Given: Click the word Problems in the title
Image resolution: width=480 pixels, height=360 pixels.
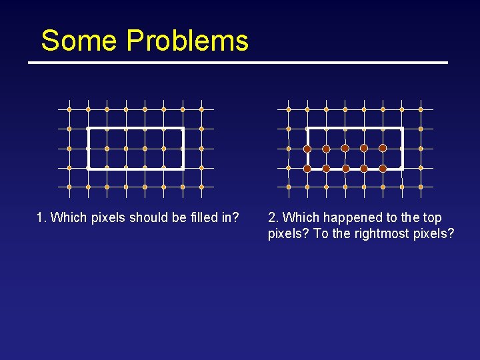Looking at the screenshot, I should tap(187, 41).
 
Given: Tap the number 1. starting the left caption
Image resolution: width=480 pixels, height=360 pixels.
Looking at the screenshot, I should tap(41, 217).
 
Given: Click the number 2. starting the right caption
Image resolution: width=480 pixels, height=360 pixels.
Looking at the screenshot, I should tap(273, 217).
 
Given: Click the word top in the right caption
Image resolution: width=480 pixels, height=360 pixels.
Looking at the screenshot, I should tap(431, 217).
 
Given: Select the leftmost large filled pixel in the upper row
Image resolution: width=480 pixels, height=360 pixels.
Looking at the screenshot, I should tap(307, 148).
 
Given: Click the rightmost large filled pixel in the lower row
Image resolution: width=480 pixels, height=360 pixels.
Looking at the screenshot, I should tap(383, 169).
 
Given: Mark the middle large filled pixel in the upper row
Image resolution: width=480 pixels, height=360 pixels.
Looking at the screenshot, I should tap(345, 148).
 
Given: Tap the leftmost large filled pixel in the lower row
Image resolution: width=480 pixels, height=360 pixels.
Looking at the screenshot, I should tap(307, 169).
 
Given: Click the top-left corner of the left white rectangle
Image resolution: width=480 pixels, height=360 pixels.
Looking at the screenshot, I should tap(89, 129).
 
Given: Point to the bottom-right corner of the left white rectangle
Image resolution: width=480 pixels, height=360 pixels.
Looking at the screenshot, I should tap(183, 169).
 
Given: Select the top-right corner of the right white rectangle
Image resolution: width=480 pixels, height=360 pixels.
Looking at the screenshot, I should tap(402, 129).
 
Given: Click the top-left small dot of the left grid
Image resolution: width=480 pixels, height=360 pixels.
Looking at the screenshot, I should tap(69, 109).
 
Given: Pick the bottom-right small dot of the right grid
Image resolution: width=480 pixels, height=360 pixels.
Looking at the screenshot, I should tap(421, 187).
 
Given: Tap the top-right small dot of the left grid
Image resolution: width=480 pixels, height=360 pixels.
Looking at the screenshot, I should tap(201, 109).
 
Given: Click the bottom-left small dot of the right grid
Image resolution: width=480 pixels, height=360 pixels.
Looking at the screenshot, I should tap(289, 187).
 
